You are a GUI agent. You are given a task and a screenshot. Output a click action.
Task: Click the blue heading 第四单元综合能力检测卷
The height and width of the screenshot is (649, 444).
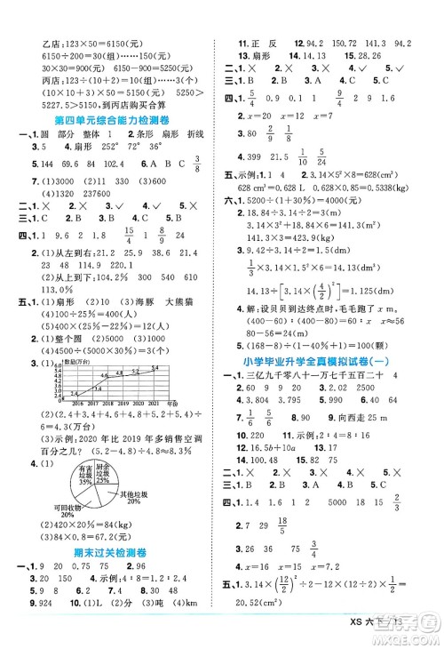pos(112,119)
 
